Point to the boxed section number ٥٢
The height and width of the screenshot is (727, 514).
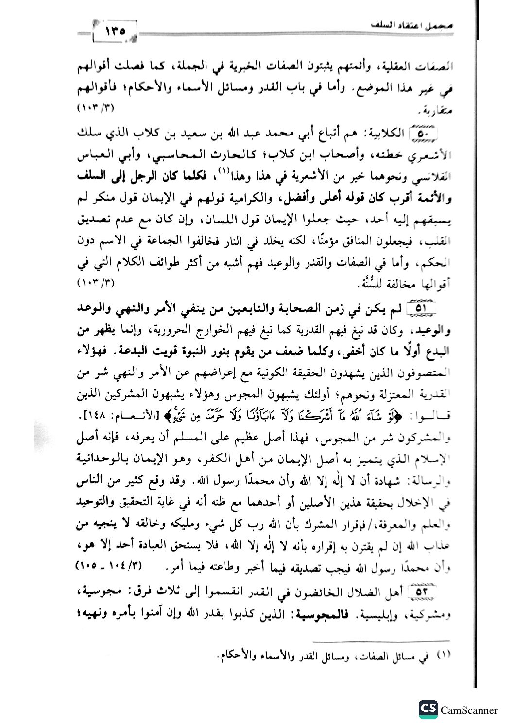(x=425, y=592)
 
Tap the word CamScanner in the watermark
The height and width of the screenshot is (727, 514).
(x=469, y=710)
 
